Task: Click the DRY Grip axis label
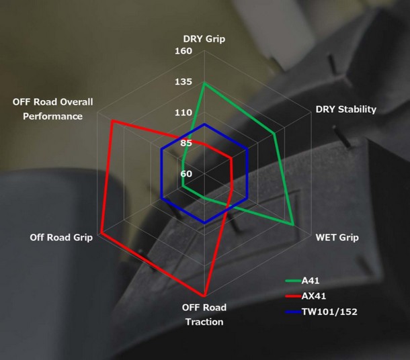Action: click(x=204, y=39)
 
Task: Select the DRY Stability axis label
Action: click(x=346, y=109)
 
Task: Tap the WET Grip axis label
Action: click(x=337, y=238)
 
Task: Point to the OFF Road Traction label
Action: click(x=204, y=314)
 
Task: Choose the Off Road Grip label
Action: click(x=61, y=238)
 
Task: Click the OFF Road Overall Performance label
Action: click(x=53, y=109)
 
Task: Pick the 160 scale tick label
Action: click(x=183, y=51)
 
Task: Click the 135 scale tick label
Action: click(x=183, y=82)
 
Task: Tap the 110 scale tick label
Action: click(x=183, y=113)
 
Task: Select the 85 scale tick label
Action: click(x=186, y=143)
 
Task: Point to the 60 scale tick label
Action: click(x=186, y=174)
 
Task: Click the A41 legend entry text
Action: click(x=311, y=281)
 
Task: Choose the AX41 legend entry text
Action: click(x=314, y=296)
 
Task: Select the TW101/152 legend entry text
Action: click(x=329, y=312)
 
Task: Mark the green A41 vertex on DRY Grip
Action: click(x=204, y=83)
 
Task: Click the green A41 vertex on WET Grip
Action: click(x=293, y=224)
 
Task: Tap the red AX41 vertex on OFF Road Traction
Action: click(x=204, y=296)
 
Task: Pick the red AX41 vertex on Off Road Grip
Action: click(x=101, y=233)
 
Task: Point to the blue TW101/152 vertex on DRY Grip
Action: click(x=204, y=124)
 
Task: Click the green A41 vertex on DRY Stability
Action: click(x=274, y=134)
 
